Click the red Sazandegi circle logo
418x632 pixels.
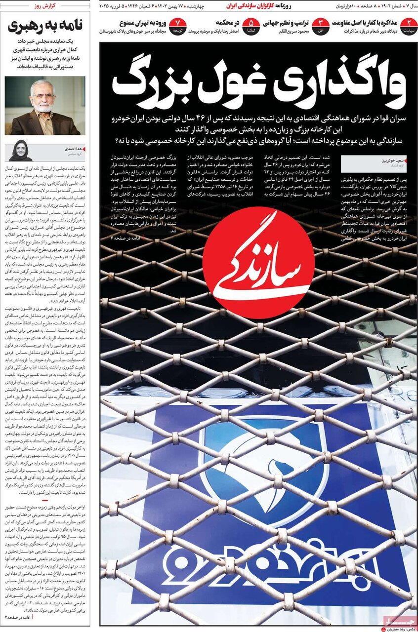pos(258,263)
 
